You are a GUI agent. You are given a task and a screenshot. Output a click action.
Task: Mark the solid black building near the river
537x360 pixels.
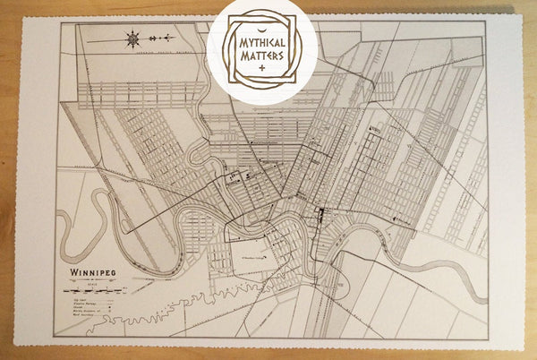point(320,213)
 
